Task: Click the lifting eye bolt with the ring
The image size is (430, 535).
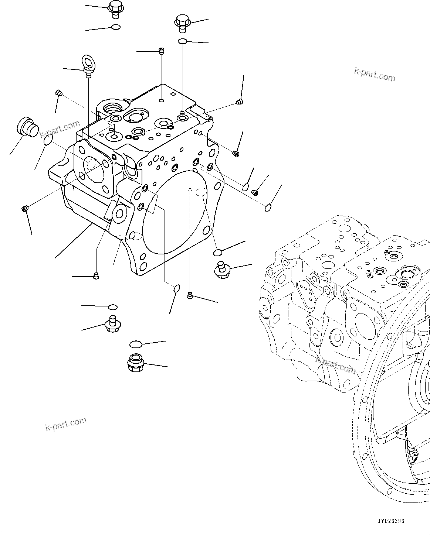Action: click(88, 65)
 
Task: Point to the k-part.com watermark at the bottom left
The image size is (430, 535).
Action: click(66, 424)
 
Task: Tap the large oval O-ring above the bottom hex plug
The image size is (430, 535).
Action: click(136, 344)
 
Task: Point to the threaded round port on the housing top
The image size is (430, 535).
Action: click(112, 108)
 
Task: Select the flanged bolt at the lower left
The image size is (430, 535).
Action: click(112, 323)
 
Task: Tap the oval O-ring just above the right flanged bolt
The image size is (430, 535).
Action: click(218, 252)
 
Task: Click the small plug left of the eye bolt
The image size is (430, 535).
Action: click(58, 92)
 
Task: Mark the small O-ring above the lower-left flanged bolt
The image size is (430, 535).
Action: click(113, 307)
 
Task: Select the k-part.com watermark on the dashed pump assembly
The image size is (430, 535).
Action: click(336, 365)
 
